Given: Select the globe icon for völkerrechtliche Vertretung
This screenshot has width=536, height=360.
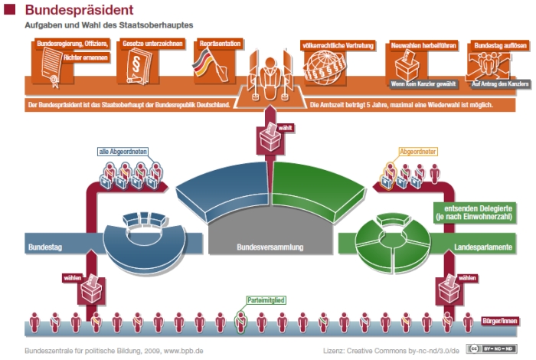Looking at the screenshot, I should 322,70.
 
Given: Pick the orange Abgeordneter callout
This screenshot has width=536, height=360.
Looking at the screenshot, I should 417,152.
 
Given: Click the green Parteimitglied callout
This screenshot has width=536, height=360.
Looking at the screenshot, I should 266,299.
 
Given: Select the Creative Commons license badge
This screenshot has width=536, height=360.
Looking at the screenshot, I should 487,349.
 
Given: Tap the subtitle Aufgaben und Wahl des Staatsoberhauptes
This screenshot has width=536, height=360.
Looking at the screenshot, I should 107,25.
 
